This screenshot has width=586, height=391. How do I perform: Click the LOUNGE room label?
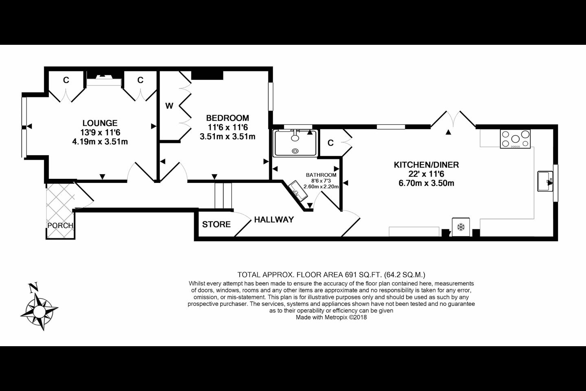click(100, 123)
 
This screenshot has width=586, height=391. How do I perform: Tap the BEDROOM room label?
click(227, 118)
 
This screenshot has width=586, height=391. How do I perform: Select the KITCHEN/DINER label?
click(426, 165)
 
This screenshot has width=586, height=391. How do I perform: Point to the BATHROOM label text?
click(321, 175)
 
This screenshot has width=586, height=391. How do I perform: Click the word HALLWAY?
click(274, 220)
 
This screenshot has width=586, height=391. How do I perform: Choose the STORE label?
click(216, 224)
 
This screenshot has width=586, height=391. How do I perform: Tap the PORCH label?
click(60, 226)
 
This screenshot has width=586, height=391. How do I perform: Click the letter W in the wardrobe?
click(169, 106)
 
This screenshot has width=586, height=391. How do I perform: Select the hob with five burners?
click(515, 139)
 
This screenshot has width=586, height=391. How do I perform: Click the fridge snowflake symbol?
click(461, 227)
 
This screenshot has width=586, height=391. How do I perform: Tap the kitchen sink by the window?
click(545, 181)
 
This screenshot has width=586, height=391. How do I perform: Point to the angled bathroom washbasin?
click(298, 190)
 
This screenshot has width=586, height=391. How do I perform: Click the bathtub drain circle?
click(295, 151)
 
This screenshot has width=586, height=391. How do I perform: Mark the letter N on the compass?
click(33, 287)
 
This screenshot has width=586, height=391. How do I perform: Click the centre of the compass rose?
click(39, 311)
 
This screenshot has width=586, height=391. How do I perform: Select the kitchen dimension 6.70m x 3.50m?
click(426, 183)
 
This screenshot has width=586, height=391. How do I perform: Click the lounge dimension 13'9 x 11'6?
click(100, 132)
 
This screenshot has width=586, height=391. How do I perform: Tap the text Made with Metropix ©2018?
click(331, 317)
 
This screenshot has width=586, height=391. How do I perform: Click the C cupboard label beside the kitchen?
click(331, 143)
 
